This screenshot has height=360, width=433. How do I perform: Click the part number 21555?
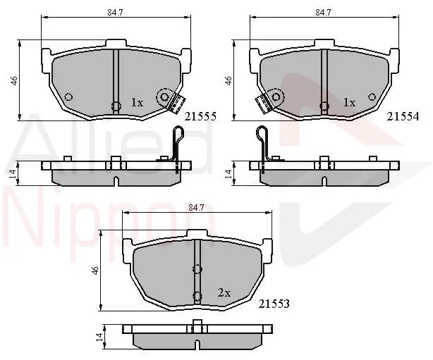pyautogui.click(x=200, y=117)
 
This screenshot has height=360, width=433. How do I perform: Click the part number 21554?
pyautogui.click(x=403, y=117)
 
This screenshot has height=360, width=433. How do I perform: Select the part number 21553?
pyautogui.click(x=274, y=304)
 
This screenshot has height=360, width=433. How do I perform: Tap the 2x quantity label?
pyautogui.click(x=224, y=292)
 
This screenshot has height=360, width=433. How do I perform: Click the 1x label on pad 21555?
pyautogui.click(x=137, y=103)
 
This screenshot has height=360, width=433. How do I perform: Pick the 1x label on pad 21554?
pyautogui.click(x=349, y=103)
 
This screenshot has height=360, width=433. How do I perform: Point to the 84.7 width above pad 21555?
pyautogui.click(x=115, y=13)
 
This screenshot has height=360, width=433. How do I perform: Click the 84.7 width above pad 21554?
pyautogui.click(x=324, y=13)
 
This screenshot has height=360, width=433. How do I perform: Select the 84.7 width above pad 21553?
pyautogui.click(x=196, y=207)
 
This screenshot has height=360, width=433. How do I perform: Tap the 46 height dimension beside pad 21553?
pyautogui.click(x=95, y=271)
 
